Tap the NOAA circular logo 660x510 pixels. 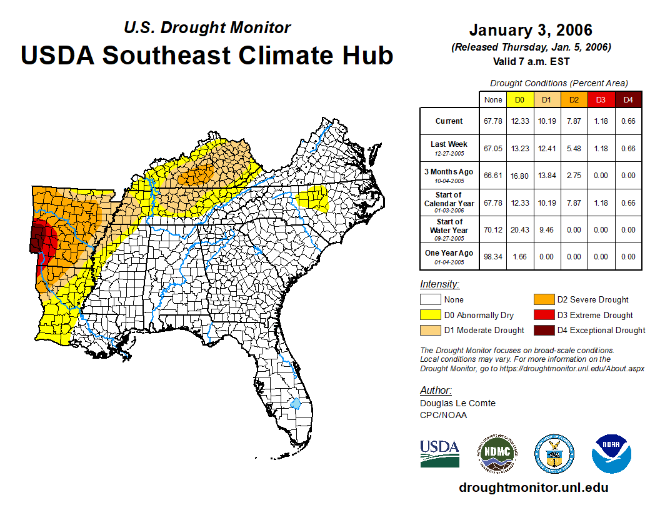[x=612, y=454]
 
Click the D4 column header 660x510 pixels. [x=628, y=99]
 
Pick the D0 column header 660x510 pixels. [x=519, y=99]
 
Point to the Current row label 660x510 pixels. [x=449, y=121]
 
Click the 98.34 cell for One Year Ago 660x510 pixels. [x=492, y=256]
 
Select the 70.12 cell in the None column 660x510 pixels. [x=492, y=229]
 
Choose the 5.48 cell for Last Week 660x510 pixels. [x=574, y=149]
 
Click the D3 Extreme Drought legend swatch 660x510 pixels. [x=543, y=315]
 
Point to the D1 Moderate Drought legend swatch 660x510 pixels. [x=430, y=330]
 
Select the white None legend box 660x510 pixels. [x=430, y=300]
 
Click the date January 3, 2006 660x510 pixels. [x=531, y=30]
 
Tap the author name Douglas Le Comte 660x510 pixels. [x=457, y=403]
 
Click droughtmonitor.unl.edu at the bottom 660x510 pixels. [x=533, y=487]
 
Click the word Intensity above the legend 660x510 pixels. [x=439, y=284]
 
